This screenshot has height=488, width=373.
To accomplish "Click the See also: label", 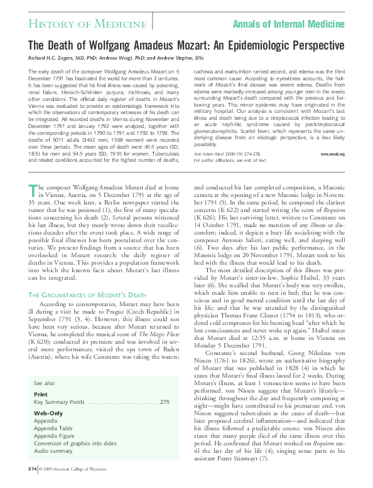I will point(45,383).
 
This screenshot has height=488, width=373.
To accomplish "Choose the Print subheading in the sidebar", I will point(40,395).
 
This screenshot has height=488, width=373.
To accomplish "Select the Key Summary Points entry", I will point(60,401).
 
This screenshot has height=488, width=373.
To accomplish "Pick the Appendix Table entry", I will point(53,428).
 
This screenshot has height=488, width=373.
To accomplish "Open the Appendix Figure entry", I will point(55,435).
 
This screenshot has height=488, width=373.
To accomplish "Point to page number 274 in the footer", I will point(33,469).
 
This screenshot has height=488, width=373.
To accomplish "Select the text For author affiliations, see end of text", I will point(229,160).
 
